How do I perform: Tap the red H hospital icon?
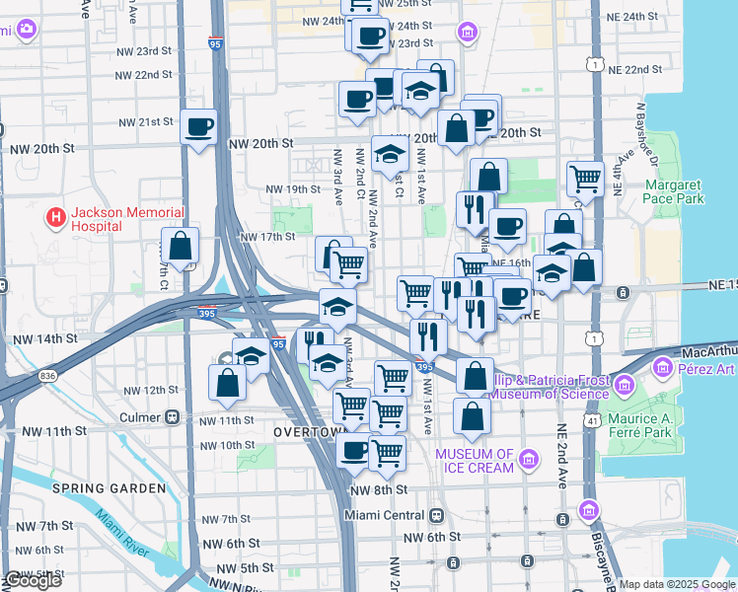(56, 216)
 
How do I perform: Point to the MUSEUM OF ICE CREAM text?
(476, 461)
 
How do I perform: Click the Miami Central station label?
(386, 515)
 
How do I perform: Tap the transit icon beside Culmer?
(173, 416)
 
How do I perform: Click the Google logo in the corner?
(32, 580)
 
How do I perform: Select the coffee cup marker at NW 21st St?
(198, 126)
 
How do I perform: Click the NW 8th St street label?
(376, 490)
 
